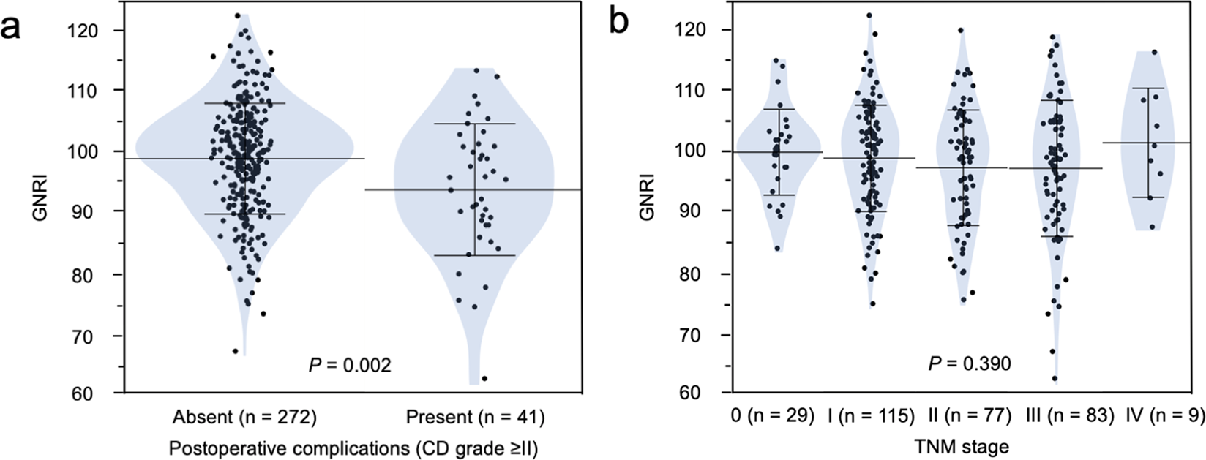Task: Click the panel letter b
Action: pyautogui.click(x=619, y=21)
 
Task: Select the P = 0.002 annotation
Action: pyautogui.click(x=350, y=364)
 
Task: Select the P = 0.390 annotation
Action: pyautogui.click(x=970, y=363)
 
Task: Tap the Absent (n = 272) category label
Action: pyautogui.click(x=244, y=418)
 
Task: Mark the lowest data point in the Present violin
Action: pyautogui.click(x=484, y=378)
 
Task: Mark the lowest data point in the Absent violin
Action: pyautogui.click(x=235, y=351)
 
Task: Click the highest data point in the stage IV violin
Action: pyautogui.click(x=1155, y=52)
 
